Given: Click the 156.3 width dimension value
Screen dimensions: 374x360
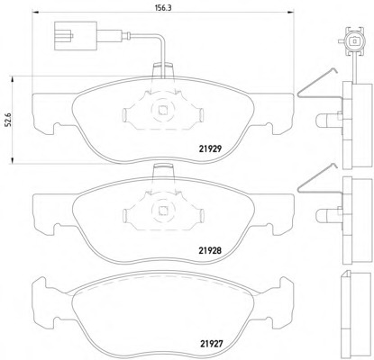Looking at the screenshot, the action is (x=163, y=8).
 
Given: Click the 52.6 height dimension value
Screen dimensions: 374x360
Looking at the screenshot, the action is (x=9, y=119).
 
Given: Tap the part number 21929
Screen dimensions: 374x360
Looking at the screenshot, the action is (x=210, y=148).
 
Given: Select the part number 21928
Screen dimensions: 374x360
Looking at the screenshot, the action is (x=210, y=250).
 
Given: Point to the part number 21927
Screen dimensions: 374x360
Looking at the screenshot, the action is (x=212, y=344).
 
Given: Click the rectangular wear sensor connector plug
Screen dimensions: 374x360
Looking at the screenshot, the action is (x=76, y=36).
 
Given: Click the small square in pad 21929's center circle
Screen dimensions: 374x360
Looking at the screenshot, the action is (x=163, y=111).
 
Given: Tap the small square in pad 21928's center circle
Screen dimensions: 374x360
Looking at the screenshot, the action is (x=163, y=211).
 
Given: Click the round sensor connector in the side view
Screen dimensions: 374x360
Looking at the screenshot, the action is (x=355, y=40).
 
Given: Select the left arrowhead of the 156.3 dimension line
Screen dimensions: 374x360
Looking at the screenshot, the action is (x=35, y=13).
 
